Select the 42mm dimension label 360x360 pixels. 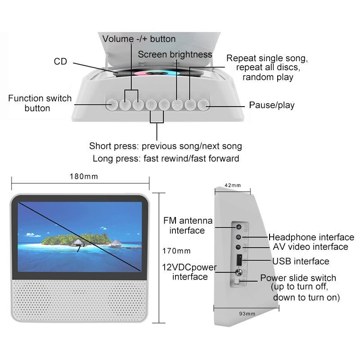point(232,185)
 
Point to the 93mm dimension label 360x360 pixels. point(247,313)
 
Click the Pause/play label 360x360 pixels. point(272,105)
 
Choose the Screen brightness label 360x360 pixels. point(175,54)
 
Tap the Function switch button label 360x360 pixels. point(40,103)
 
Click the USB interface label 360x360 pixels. point(301,261)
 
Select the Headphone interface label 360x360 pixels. point(311,237)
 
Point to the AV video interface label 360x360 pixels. point(310,247)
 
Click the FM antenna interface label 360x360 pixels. point(187,225)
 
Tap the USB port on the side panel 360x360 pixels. point(240,260)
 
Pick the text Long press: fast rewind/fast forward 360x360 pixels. point(166,158)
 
